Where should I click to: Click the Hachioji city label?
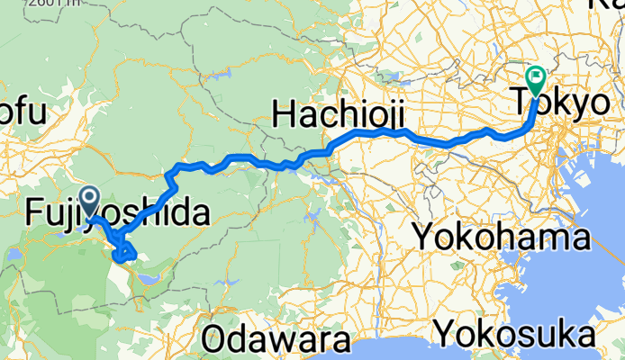tap(337, 114)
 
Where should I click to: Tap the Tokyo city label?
tap(560, 102)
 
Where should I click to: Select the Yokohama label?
tap(501, 238)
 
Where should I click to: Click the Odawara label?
tap(275, 340)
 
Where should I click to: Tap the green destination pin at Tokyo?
tap(535, 79)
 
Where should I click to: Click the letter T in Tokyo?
tap(523, 102)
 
